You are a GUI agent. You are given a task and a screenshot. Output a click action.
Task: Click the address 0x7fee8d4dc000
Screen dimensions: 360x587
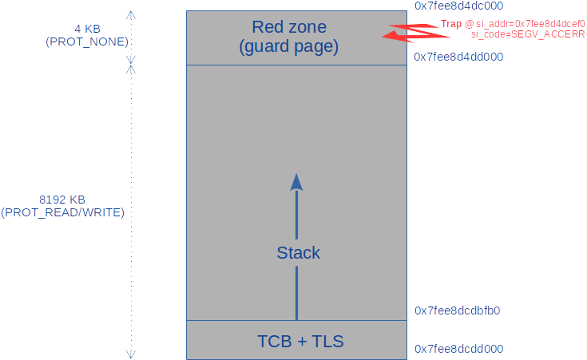(x=458, y=6)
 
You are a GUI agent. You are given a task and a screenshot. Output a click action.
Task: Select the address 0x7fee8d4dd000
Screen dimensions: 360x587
(x=458, y=57)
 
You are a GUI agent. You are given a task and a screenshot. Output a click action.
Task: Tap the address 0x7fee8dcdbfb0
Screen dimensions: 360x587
(x=458, y=311)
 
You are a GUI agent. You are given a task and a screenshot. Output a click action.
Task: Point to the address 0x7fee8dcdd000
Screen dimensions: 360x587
(x=458, y=349)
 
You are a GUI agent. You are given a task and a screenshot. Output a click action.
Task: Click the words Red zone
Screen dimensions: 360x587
(x=289, y=28)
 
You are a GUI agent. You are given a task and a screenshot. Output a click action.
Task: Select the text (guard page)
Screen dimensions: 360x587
(x=289, y=47)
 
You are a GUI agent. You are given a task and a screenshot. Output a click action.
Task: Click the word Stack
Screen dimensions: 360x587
(x=298, y=253)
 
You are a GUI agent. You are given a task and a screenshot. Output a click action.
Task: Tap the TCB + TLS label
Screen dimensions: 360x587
(x=300, y=342)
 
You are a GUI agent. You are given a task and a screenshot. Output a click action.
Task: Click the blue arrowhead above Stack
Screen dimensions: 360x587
(x=296, y=182)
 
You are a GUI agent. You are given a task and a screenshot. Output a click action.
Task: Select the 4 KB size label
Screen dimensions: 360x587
(x=87, y=29)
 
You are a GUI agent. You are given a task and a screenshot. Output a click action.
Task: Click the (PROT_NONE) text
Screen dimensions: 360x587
(x=87, y=42)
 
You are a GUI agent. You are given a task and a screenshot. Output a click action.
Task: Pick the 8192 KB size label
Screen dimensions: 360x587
(x=62, y=200)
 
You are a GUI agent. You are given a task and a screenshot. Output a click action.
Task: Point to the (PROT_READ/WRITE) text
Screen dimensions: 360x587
(x=62, y=212)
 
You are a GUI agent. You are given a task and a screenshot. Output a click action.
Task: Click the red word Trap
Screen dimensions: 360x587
(x=450, y=25)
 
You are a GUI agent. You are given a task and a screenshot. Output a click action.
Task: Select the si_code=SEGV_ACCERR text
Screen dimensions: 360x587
(x=528, y=36)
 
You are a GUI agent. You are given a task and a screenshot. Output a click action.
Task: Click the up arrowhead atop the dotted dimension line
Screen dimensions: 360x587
(x=132, y=14)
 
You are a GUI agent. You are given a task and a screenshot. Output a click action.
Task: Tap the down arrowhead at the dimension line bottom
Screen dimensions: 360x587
(x=132, y=354)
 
